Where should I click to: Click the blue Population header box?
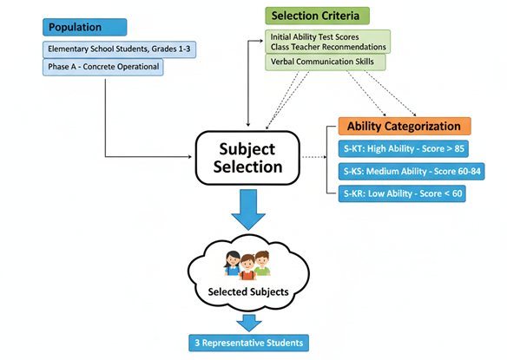click(85, 27)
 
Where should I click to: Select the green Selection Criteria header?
click(317, 16)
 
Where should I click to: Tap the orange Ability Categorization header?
click(405, 126)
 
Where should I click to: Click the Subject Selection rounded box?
click(247, 158)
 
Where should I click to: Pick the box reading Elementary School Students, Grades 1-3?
click(119, 49)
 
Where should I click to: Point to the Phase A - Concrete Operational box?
click(103, 67)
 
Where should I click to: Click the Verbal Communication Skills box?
click(326, 62)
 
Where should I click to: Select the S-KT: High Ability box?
click(403, 148)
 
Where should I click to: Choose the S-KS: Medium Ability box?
click(412, 171)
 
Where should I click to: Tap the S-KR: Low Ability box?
click(402, 193)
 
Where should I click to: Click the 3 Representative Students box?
click(248, 343)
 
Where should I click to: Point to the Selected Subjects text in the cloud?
click(248, 291)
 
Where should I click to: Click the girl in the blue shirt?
click(233, 264)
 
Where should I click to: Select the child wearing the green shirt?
click(262, 263)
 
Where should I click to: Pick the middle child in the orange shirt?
click(247, 267)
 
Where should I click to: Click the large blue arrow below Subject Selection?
click(248, 210)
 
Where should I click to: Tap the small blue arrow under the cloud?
click(248, 324)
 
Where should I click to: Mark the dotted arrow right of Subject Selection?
click(314, 157)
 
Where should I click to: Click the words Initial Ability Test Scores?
click(314, 37)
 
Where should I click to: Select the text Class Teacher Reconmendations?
click(328, 47)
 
